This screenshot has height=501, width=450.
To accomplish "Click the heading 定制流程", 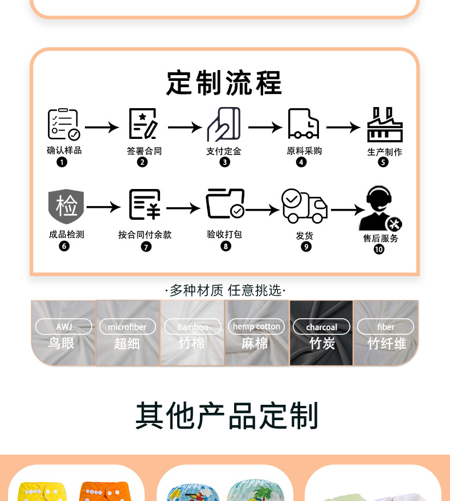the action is pyautogui.click(x=224, y=83).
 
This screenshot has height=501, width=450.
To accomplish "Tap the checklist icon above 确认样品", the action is pyautogui.click(x=63, y=125).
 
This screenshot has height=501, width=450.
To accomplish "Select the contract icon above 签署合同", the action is pyautogui.click(x=143, y=124).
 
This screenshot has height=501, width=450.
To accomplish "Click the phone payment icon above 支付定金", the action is pyautogui.click(x=224, y=124).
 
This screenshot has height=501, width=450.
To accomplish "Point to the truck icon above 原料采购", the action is pyautogui.click(x=303, y=124).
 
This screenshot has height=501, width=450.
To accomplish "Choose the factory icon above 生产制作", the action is pyautogui.click(x=384, y=125).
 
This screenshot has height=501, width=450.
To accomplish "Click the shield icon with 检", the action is pyautogui.click(x=66, y=207).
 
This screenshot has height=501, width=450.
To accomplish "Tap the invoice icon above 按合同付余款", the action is pyautogui.click(x=145, y=205).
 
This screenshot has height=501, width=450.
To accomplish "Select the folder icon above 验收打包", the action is pyautogui.click(x=226, y=204).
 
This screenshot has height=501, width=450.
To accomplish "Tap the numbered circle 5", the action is pyautogui.click(x=383, y=162).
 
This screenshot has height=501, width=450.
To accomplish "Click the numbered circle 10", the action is pyautogui.click(x=379, y=249).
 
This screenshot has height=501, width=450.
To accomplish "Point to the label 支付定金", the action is pyautogui.click(x=224, y=151).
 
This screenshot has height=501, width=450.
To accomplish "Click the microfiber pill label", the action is pyautogui.click(x=128, y=327).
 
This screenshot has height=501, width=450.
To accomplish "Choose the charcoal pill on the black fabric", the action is pyautogui.click(x=322, y=327).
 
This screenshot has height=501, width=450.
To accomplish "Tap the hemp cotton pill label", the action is pyautogui.click(x=257, y=326).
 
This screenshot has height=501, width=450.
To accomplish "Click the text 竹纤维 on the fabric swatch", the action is pyautogui.click(x=387, y=343).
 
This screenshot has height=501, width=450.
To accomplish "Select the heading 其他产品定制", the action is pyautogui.click(x=227, y=416).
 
